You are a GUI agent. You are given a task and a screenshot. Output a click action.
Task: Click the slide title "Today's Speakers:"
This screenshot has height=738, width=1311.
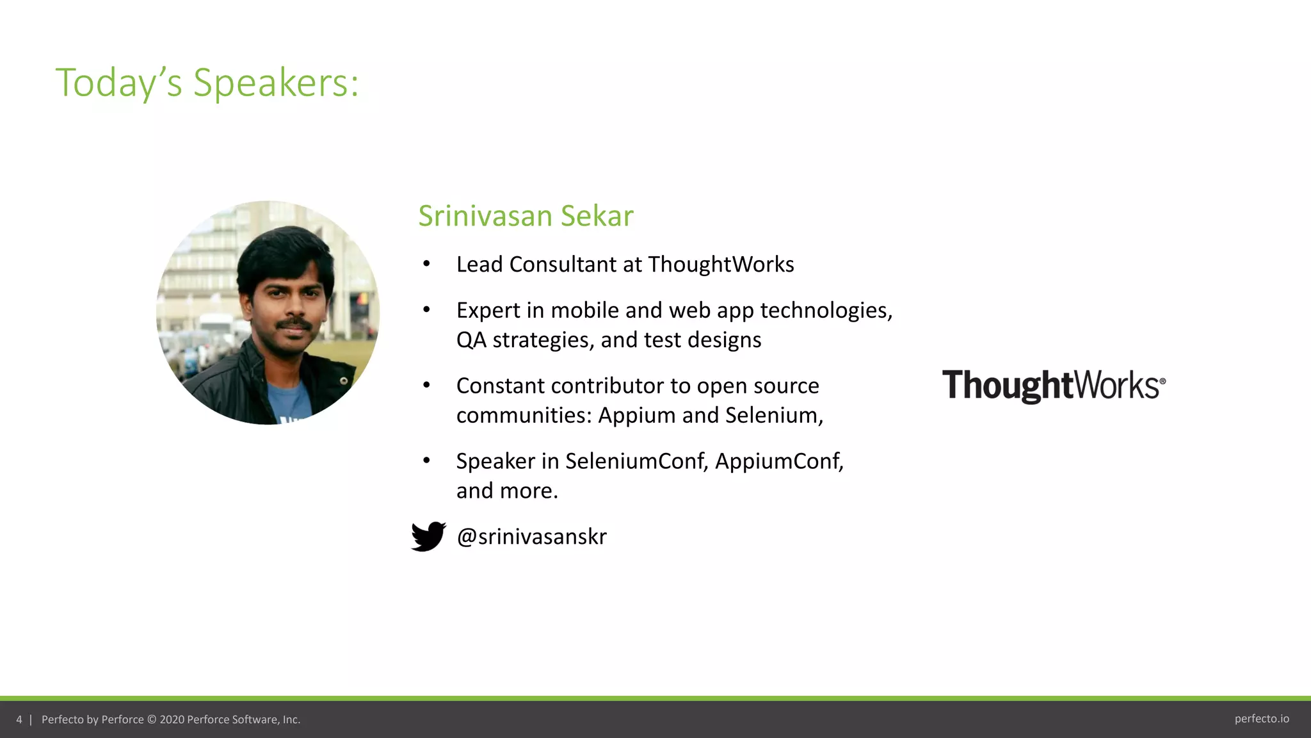point(207,83)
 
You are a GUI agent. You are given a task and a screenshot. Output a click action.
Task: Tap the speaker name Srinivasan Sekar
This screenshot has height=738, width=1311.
point(526,216)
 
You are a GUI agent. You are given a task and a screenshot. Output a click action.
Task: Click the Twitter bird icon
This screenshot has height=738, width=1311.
point(428,536)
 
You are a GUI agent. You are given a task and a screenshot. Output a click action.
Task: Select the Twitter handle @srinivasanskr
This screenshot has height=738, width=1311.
point(531,536)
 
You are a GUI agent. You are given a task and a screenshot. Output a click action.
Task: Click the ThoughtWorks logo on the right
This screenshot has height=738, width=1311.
point(1053,386)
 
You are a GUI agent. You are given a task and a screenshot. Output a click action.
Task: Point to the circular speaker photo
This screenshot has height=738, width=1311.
point(268,313)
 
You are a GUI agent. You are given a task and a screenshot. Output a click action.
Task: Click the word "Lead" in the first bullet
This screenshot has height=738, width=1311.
point(479,265)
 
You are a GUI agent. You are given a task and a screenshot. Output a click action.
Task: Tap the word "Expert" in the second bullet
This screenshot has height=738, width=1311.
point(488,311)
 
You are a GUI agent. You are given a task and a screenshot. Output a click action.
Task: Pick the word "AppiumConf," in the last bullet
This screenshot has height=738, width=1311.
point(779,461)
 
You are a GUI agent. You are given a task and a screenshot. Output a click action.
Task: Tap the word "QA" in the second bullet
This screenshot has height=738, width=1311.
point(471,340)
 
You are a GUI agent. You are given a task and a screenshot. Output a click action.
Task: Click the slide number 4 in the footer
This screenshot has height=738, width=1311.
point(19,719)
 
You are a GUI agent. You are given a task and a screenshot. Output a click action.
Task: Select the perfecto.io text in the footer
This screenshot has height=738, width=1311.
point(1261,719)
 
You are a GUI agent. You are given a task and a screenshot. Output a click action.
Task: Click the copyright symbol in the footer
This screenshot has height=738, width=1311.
point(152,719)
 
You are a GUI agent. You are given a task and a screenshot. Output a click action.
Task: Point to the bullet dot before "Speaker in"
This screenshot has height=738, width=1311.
point(426,461)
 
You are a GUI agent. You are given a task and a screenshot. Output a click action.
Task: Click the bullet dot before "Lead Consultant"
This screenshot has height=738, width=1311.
point(426,264)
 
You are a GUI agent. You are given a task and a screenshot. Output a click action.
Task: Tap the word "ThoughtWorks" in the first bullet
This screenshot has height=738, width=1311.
point(721,265)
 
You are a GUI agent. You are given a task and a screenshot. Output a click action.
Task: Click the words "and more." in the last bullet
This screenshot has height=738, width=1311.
point(507,491)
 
